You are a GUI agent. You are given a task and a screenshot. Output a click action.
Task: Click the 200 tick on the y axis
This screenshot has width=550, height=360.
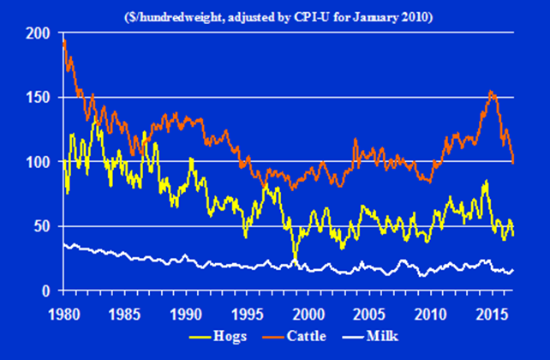tap(39, 33)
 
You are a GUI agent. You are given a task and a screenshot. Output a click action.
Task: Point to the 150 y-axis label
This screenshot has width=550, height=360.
tap(39, 97)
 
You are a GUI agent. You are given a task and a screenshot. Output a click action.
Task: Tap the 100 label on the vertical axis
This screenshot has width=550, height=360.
tap(39, 162)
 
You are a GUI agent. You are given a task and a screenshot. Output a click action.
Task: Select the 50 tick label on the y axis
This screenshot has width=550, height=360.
tap(43, 226)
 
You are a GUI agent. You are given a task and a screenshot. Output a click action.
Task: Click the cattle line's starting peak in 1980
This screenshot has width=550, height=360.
tap(65, 41)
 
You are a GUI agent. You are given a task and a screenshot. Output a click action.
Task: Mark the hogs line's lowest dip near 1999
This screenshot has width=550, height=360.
tap(294, 261)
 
